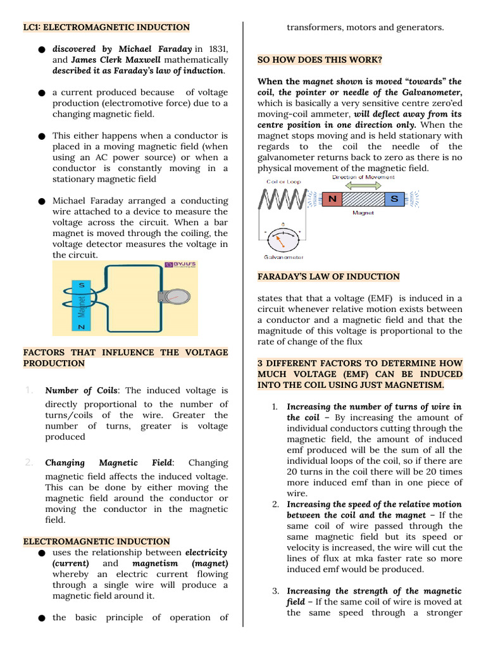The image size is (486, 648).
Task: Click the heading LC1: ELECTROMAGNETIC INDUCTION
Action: click(x=106, y=27)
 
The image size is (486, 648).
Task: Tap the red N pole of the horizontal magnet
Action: click(x=332, y=199)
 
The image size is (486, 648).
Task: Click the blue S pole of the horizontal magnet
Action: click(x=394, y=199)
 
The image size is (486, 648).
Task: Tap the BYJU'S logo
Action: click(x=180, y=266)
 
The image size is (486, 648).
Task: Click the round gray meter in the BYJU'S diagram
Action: click(x=177, y=297)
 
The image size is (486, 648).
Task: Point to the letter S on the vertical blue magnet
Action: click(x=81, y=285)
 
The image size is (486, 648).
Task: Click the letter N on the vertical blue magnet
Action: click(x=81, y=327)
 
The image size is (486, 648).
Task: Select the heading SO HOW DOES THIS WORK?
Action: click(x=320, y=60)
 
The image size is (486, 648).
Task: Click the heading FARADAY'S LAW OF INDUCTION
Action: click(x=328, y=277)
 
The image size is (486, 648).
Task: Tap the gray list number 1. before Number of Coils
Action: click(x=30, y=390)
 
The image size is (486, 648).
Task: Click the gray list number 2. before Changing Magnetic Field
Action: click(x=30, y=462)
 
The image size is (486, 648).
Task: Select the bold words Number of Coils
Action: click(x=82, y=390)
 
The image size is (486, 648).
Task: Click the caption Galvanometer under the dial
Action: click(x=283, y=257)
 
